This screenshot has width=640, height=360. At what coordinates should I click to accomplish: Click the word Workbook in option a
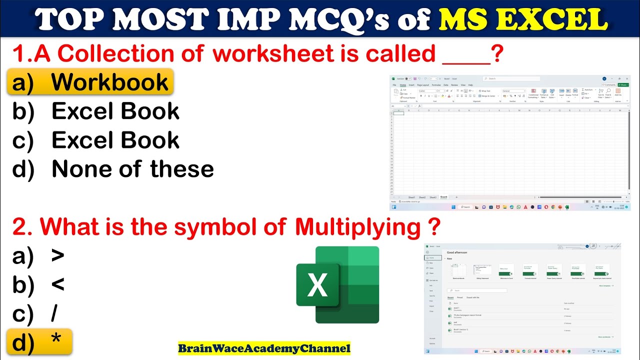pyautogui.click(x=109, y=82)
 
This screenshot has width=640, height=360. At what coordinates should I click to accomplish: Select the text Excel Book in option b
pyautogui.click(x=115, y=111)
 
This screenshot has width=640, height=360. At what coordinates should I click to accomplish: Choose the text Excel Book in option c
pyautogui.click(x=115, y=140)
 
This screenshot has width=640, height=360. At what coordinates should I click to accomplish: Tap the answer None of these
pyautogui.click(x=132, y=169)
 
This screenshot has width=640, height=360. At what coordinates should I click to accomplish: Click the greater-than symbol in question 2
pyautogui.click(x=58, y=255)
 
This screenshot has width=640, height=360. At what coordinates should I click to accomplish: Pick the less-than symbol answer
pyautogui.click(x=58, y=284)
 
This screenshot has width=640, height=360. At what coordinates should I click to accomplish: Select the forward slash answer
pyautogui.click(x=54, y=313)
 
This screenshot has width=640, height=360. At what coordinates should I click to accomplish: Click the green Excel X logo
pyautogui.click(x=337, y=285)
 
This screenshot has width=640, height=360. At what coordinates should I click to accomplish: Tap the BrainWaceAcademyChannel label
pyautogui.click(x=264, y=348)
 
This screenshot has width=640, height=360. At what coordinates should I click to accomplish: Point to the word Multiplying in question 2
pyautogui.click(x=357, y=227)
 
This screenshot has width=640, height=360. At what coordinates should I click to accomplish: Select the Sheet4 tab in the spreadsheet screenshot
pyautogui.click(x=443, y=197)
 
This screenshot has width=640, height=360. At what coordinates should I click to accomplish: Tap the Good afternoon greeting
pyautogui.click(x=457, y=252)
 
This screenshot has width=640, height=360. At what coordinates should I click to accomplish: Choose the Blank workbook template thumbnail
pyautogui.click(x=458, y=270)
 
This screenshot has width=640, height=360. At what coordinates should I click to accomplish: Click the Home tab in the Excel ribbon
pyautogui.click(x=403, y=85)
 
